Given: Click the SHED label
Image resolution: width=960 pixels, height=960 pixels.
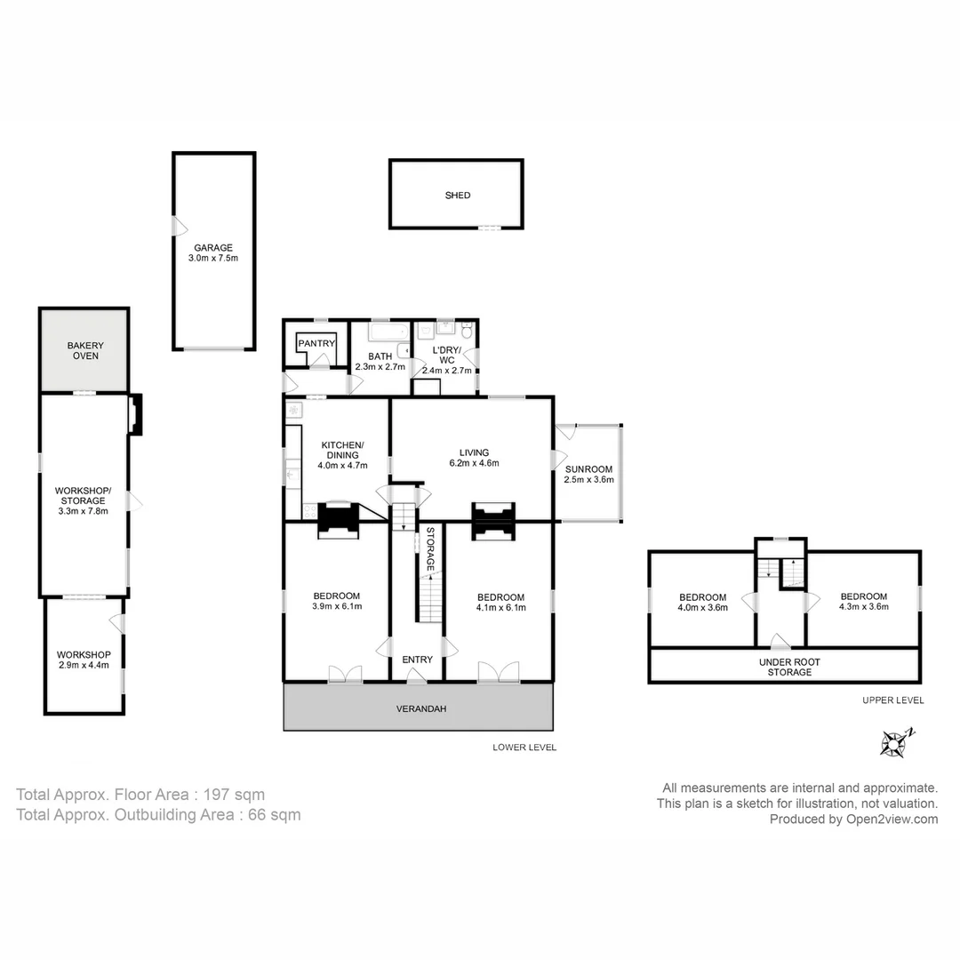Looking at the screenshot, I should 458,196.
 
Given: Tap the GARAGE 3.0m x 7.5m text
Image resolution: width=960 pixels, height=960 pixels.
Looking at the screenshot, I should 213,253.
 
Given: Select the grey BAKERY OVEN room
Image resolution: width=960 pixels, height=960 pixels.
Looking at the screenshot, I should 84,350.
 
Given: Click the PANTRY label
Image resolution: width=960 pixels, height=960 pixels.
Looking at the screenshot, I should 316,343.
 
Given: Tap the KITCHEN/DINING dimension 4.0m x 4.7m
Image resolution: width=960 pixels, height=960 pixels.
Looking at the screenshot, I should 342,465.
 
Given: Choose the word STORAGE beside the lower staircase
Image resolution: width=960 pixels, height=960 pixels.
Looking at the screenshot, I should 430,548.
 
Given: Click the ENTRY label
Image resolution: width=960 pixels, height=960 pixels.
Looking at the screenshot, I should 418,660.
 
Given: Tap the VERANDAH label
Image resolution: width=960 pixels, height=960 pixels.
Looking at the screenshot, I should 420,709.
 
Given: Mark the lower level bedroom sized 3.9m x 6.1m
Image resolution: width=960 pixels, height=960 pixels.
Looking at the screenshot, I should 337,601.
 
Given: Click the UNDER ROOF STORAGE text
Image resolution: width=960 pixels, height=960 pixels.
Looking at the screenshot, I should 789,668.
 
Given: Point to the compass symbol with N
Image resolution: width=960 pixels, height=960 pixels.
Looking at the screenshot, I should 894,741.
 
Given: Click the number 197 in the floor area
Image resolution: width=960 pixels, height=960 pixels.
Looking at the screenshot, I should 217,795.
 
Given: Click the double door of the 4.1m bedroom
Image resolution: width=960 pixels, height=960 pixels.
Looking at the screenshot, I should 498,673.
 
